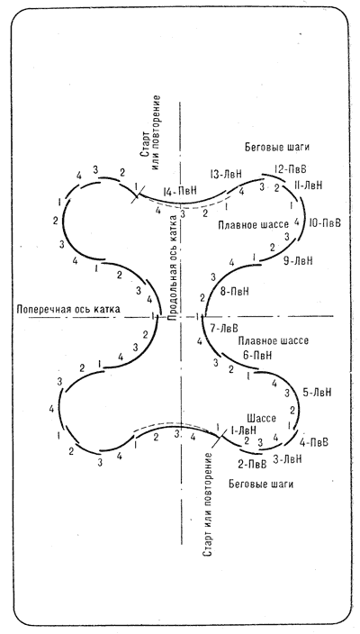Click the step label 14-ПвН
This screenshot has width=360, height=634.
coord(180,191)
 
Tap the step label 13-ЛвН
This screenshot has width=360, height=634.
coord(226,175)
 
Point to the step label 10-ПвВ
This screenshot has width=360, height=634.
coord(324,222)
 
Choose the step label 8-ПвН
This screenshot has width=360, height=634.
coord(235,291)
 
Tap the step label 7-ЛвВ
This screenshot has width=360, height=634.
coord(224,329)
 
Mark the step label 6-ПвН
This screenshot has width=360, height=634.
coord(257,356)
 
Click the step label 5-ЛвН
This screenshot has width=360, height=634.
coord(317,393)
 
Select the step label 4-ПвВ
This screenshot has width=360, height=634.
coord(313,442)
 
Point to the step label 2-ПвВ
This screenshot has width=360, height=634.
coord(252,464)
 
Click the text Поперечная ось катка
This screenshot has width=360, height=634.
coord(67,309)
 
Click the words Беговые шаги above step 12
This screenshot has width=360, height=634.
coord(277,147)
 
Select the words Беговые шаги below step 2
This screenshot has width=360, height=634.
coord(261,484)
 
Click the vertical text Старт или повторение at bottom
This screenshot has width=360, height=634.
coord(208,503)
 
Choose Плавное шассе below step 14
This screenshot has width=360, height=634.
coord(253,224)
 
